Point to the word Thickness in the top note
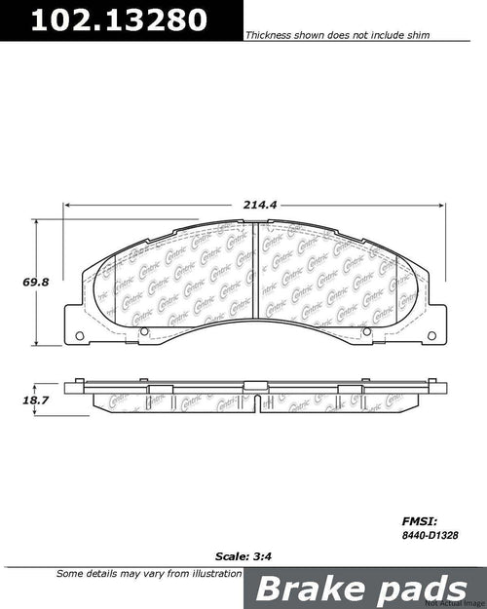click(x=267, y=33)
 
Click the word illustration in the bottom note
click(x=207, y=574)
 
